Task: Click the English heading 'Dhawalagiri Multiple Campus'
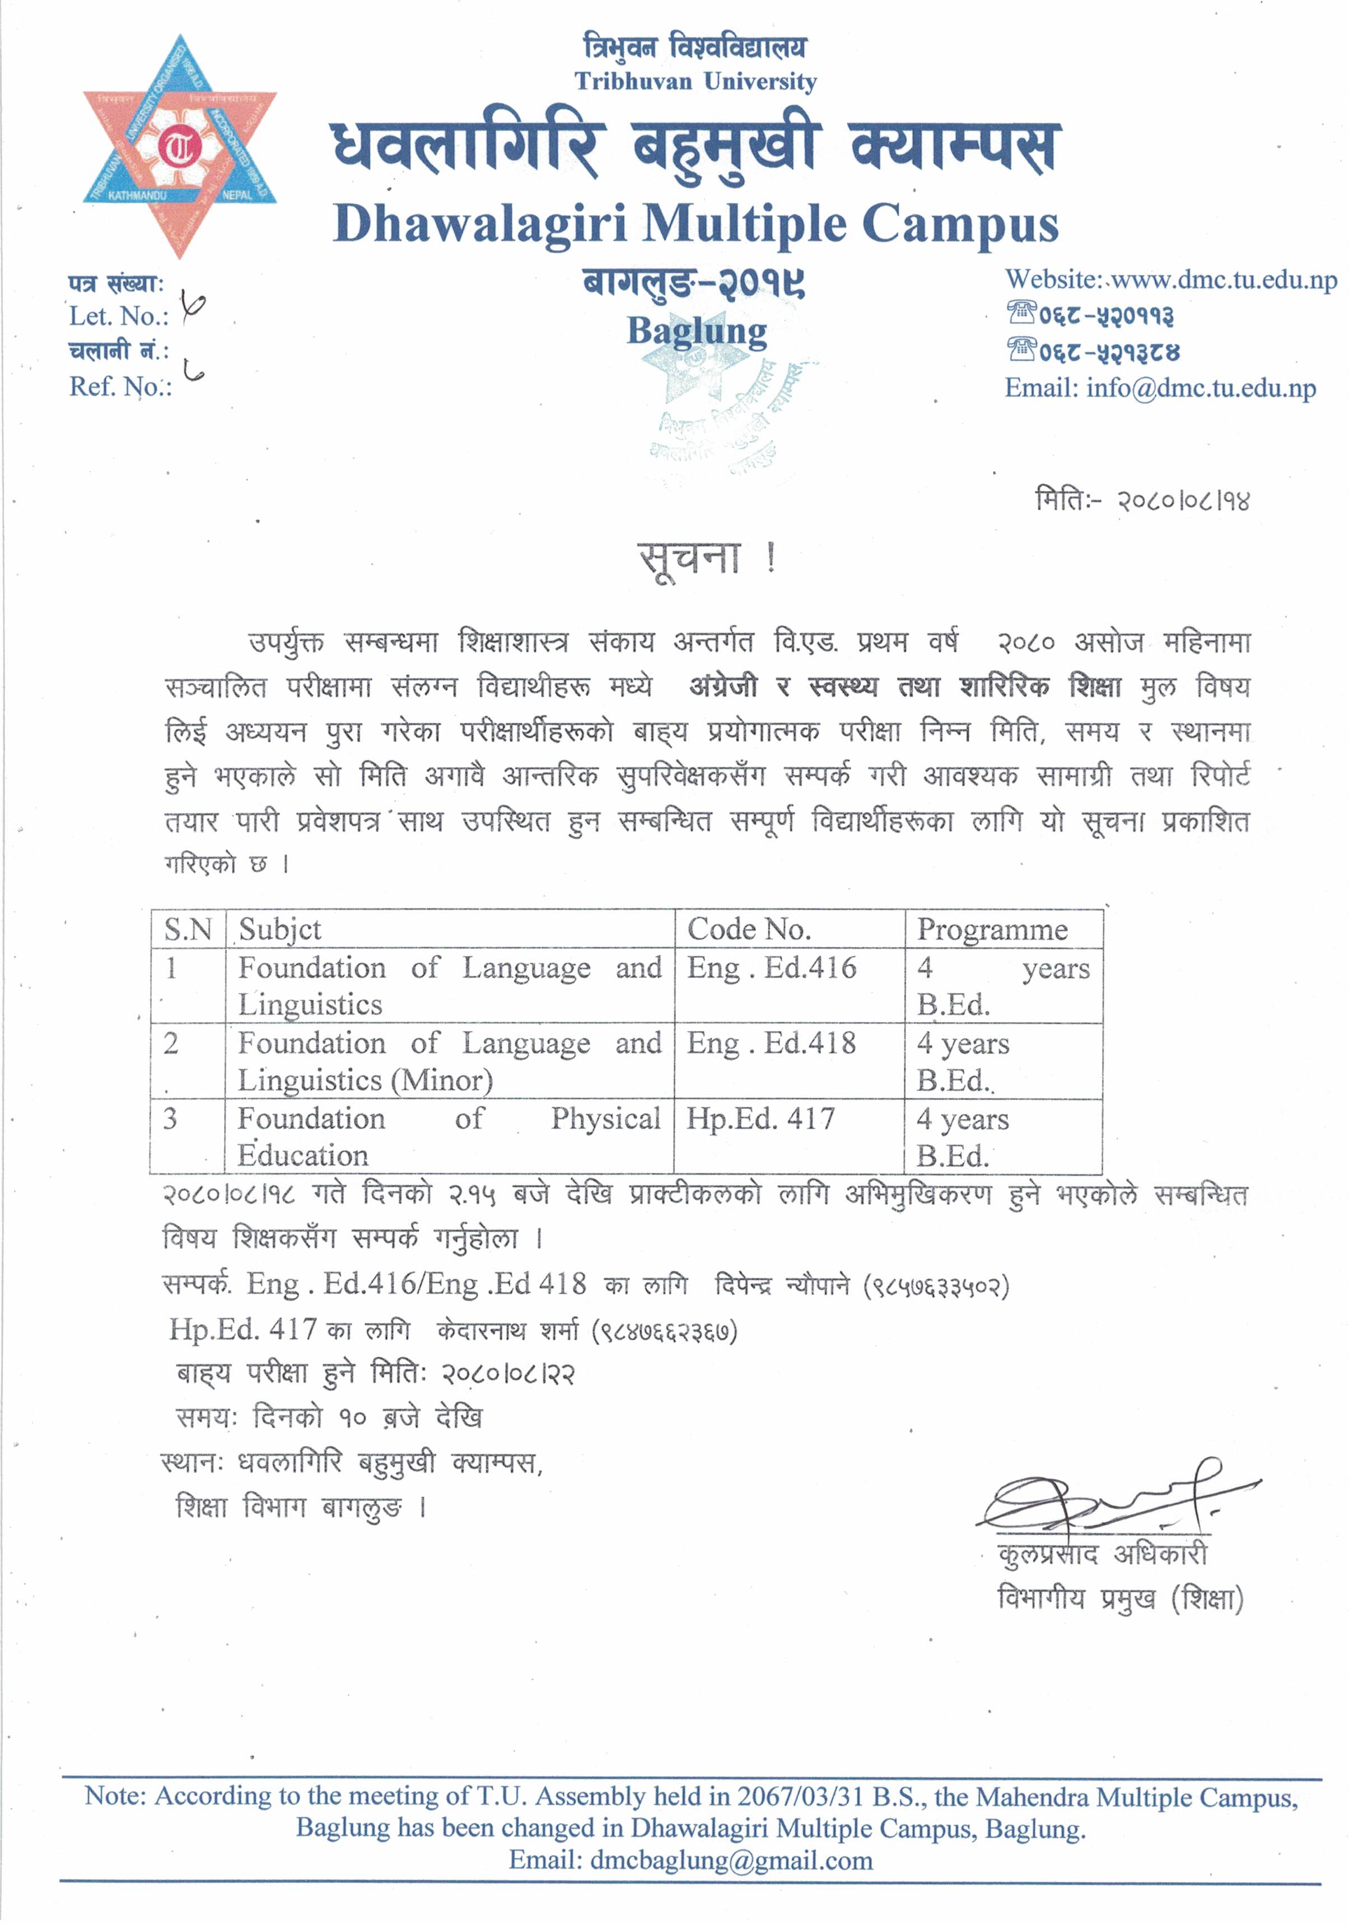pos(695,225)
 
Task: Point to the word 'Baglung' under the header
pos(697,331)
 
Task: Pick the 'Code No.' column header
pos(749,929)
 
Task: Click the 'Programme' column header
pos(992,929)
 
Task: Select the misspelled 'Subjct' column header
pos(280,929)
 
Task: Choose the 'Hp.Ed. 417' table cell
pos(760,1119)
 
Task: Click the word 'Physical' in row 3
pos(605,1119)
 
